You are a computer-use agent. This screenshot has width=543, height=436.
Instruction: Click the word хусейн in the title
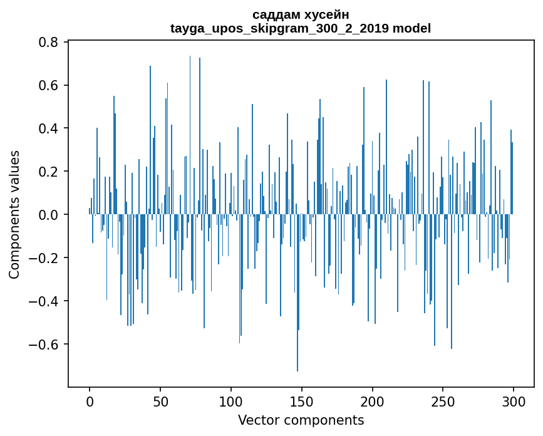click(x=328, y=14)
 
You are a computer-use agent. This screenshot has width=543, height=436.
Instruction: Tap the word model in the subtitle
click(x=412, y=28)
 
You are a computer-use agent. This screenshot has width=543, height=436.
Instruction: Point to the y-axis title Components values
click(x=14, y=214)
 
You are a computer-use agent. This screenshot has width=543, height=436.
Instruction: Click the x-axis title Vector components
click(x=301, y=420)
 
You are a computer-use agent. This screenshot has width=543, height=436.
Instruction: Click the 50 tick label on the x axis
click(x=160, y=401)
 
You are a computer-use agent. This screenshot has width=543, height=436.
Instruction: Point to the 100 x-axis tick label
click(x=231, y=401)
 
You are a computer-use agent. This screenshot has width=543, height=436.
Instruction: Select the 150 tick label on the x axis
click(x=302, y=401)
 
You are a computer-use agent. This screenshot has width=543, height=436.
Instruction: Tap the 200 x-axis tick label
click(x=373, y=401)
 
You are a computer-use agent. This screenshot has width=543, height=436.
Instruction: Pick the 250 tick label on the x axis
click(x=443, y=401)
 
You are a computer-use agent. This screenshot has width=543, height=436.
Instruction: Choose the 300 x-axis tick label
click(x=514, y=401)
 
